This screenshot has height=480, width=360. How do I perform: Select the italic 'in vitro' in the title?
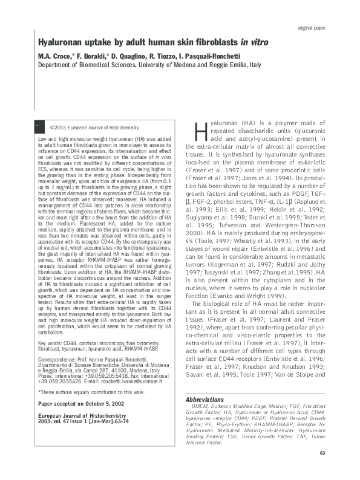coord(255,44)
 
